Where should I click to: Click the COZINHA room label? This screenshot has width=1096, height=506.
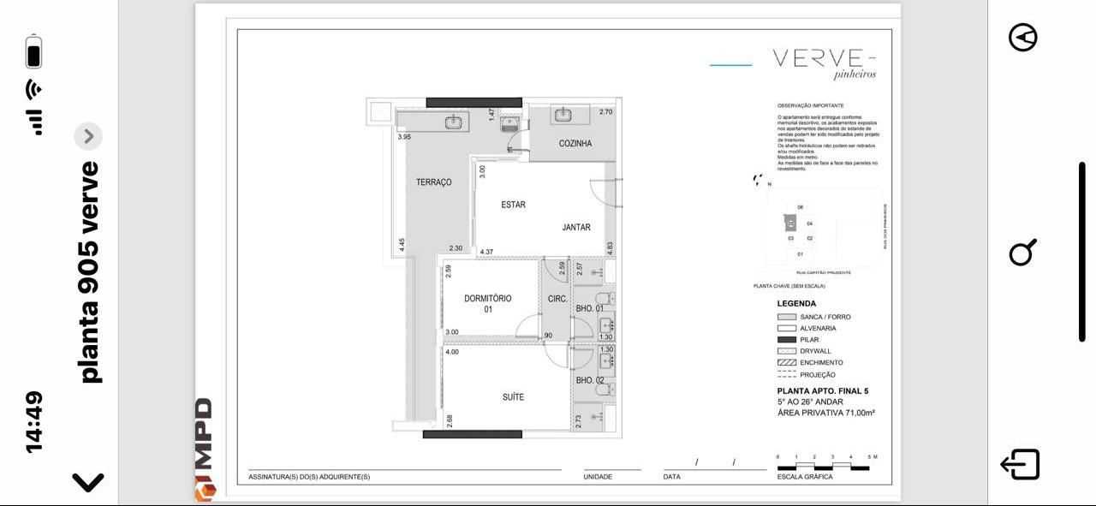click(x=575, y=143)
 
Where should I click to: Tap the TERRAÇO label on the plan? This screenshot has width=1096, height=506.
click(x=433, y=182)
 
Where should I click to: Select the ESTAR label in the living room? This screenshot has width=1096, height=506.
click(x=513, y=205)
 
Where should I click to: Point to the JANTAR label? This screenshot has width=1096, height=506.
click(x=576, y=228)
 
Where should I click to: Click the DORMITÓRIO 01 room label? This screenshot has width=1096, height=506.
click(x=488, y=303)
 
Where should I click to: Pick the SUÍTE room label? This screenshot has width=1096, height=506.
click(x=513, y=397)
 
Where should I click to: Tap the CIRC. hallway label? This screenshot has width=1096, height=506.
click(x=557, y=299)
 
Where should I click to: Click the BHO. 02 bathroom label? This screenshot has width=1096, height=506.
click(x=589, y=380)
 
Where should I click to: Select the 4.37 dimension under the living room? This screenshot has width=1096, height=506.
click(x=486, y=252)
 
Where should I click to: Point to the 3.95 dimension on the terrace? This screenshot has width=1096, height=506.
click(x=404, y=137)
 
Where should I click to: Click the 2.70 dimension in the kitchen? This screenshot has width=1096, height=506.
click(x=605, y=112)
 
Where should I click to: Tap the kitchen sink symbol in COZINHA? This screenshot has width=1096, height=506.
click(x=563, y=115)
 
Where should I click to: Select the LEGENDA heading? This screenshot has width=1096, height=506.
click(x=796, y=303)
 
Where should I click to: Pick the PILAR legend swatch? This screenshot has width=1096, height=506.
click(x=786, y=340)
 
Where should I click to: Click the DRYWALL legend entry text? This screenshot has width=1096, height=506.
click(x=815, y=351)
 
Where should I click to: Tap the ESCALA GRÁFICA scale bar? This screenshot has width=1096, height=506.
click(x=823, y=467)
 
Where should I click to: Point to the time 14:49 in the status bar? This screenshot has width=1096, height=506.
click(x=33, y=421)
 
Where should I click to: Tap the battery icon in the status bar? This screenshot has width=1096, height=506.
click(x=33, y=52)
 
